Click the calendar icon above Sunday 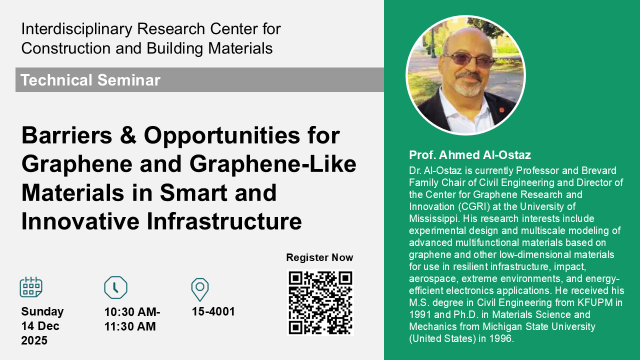tap(31, 287)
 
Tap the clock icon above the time tap(115, 287)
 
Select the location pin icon tap(199, 289)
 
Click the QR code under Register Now tap(320, 303)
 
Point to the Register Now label tap(319, 257)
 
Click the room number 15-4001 tap(213, 311)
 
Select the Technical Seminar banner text tap(90, 79)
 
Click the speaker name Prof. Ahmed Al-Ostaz tap(470, 155)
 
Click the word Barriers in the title tap(67, 135)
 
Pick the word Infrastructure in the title tap(224, 221)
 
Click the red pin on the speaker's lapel tap(501, 109)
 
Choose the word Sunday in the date tap(42, 311)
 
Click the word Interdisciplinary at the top tap(76, 29)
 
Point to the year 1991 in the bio tap(420, 314)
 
